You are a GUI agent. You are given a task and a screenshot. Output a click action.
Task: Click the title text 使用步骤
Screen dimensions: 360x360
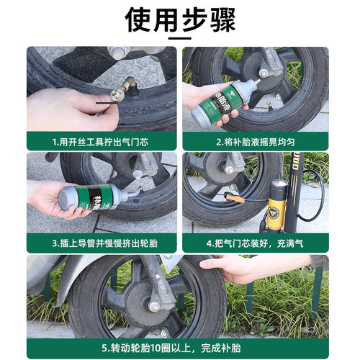(x=180, y=19)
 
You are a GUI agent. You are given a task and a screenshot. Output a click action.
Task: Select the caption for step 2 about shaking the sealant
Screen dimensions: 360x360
(x=256, y=141)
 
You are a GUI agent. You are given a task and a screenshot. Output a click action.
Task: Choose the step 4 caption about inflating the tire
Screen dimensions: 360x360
(x=256, y=243)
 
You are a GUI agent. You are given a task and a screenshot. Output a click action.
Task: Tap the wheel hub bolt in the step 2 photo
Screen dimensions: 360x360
(x=264, y=73)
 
